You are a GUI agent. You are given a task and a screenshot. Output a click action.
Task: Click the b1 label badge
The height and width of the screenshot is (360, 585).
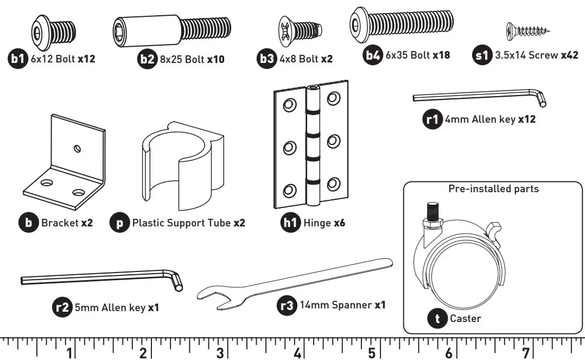coord(18,59)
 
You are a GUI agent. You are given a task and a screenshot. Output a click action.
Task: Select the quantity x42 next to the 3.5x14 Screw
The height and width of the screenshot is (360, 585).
coord(569,55)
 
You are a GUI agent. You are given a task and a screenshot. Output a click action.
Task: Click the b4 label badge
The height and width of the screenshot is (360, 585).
coord(373,55)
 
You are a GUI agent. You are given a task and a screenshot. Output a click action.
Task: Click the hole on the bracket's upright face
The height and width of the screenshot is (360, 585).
coord(77,147)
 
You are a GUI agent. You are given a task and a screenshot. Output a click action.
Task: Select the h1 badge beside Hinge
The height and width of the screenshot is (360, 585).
coord(291,223)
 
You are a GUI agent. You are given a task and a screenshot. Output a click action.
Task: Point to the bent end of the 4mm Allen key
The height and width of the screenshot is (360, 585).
coord(541,99)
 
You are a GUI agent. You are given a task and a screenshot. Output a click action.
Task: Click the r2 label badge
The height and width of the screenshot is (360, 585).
coord(63,307)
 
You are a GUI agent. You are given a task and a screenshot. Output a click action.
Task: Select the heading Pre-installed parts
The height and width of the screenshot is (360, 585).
coord(493,189)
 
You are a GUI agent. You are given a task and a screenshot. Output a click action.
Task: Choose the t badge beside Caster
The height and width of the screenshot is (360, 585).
coord(437,319)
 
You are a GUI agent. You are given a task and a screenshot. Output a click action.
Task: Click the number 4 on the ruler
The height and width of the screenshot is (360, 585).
coord(297,353)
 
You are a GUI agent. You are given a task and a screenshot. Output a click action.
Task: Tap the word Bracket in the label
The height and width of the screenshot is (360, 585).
coord(60,223)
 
